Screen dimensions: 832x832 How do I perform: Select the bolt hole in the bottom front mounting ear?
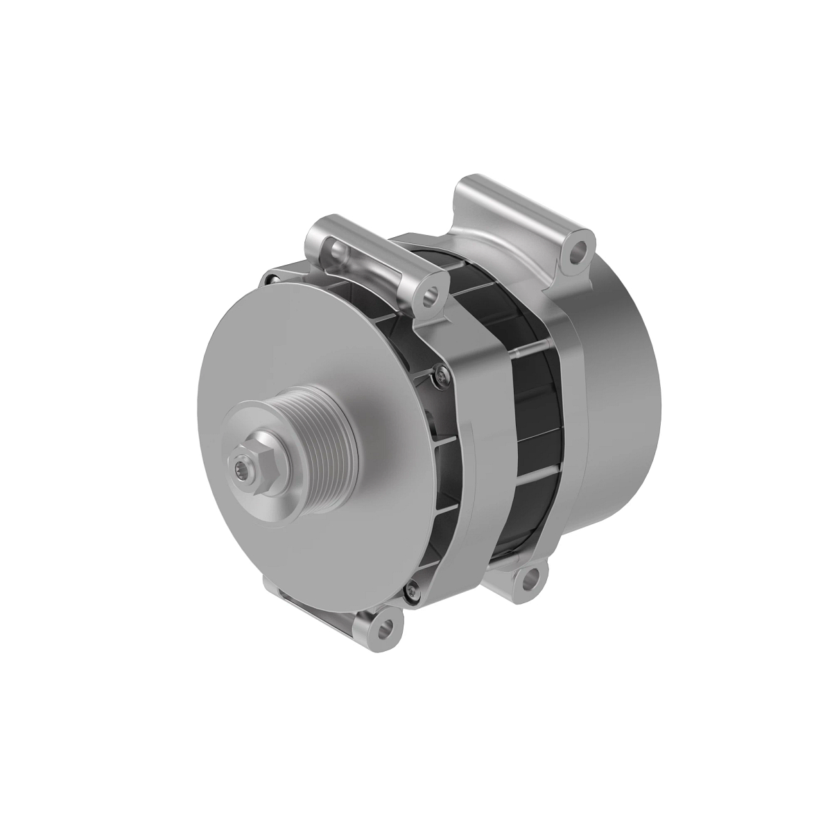pos(383,628)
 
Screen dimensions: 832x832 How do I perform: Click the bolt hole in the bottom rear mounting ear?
pos(531,579)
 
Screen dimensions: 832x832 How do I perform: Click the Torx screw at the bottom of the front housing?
pos(413,591)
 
